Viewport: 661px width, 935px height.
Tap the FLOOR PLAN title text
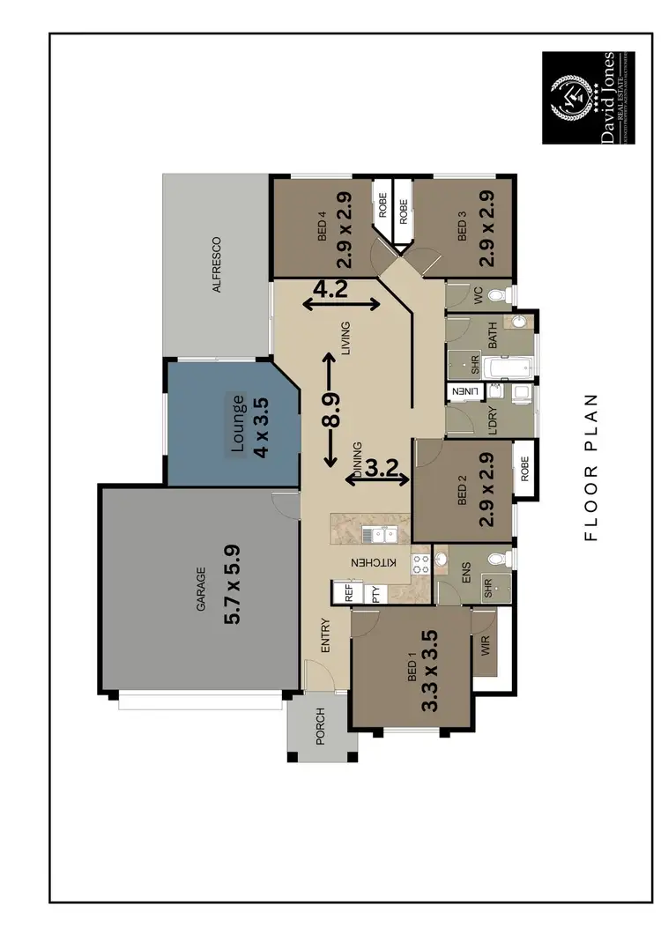591,466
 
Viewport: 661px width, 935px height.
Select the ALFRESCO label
215,264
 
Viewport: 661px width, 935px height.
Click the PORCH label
321,726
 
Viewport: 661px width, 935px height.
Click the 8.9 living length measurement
331,410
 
